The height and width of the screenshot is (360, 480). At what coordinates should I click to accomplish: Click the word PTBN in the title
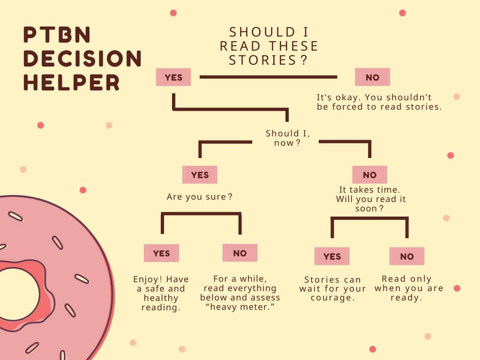click(x=57, y=34)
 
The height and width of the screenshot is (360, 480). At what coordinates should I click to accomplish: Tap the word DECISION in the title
click(x=82, y=58)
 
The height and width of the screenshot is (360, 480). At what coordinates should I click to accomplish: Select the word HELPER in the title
click(x=71, y=82)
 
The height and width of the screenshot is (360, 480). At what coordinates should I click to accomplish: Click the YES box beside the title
click(x=173, y=77)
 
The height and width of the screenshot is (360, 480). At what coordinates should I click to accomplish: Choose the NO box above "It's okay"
click(x=372, y=77)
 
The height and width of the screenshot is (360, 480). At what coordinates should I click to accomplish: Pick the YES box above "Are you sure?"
click(x=200, y=175)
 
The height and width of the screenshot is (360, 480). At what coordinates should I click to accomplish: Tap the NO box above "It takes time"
click(x=370, y=175)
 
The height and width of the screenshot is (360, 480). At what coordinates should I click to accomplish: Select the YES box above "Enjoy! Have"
click(x=161, y=253)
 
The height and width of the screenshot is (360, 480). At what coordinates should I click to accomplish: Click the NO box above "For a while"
click(x=240, y=253)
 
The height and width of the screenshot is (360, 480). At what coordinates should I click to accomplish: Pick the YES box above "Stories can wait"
click(x=332, y=256)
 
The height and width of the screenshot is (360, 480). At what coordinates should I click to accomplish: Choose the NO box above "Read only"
click(x=407, y=256)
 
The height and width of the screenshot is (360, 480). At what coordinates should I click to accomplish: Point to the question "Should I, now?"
click(x=287, y=138)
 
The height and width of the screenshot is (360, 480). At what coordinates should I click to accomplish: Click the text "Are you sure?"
click(x=200, y=197)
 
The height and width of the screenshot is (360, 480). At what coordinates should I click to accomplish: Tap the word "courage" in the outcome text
click(x=332, y=298)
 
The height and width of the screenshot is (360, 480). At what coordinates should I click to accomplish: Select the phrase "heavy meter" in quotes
click(x=240, y=307)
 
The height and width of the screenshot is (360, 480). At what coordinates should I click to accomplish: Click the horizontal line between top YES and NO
click(x=269, y=77)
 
